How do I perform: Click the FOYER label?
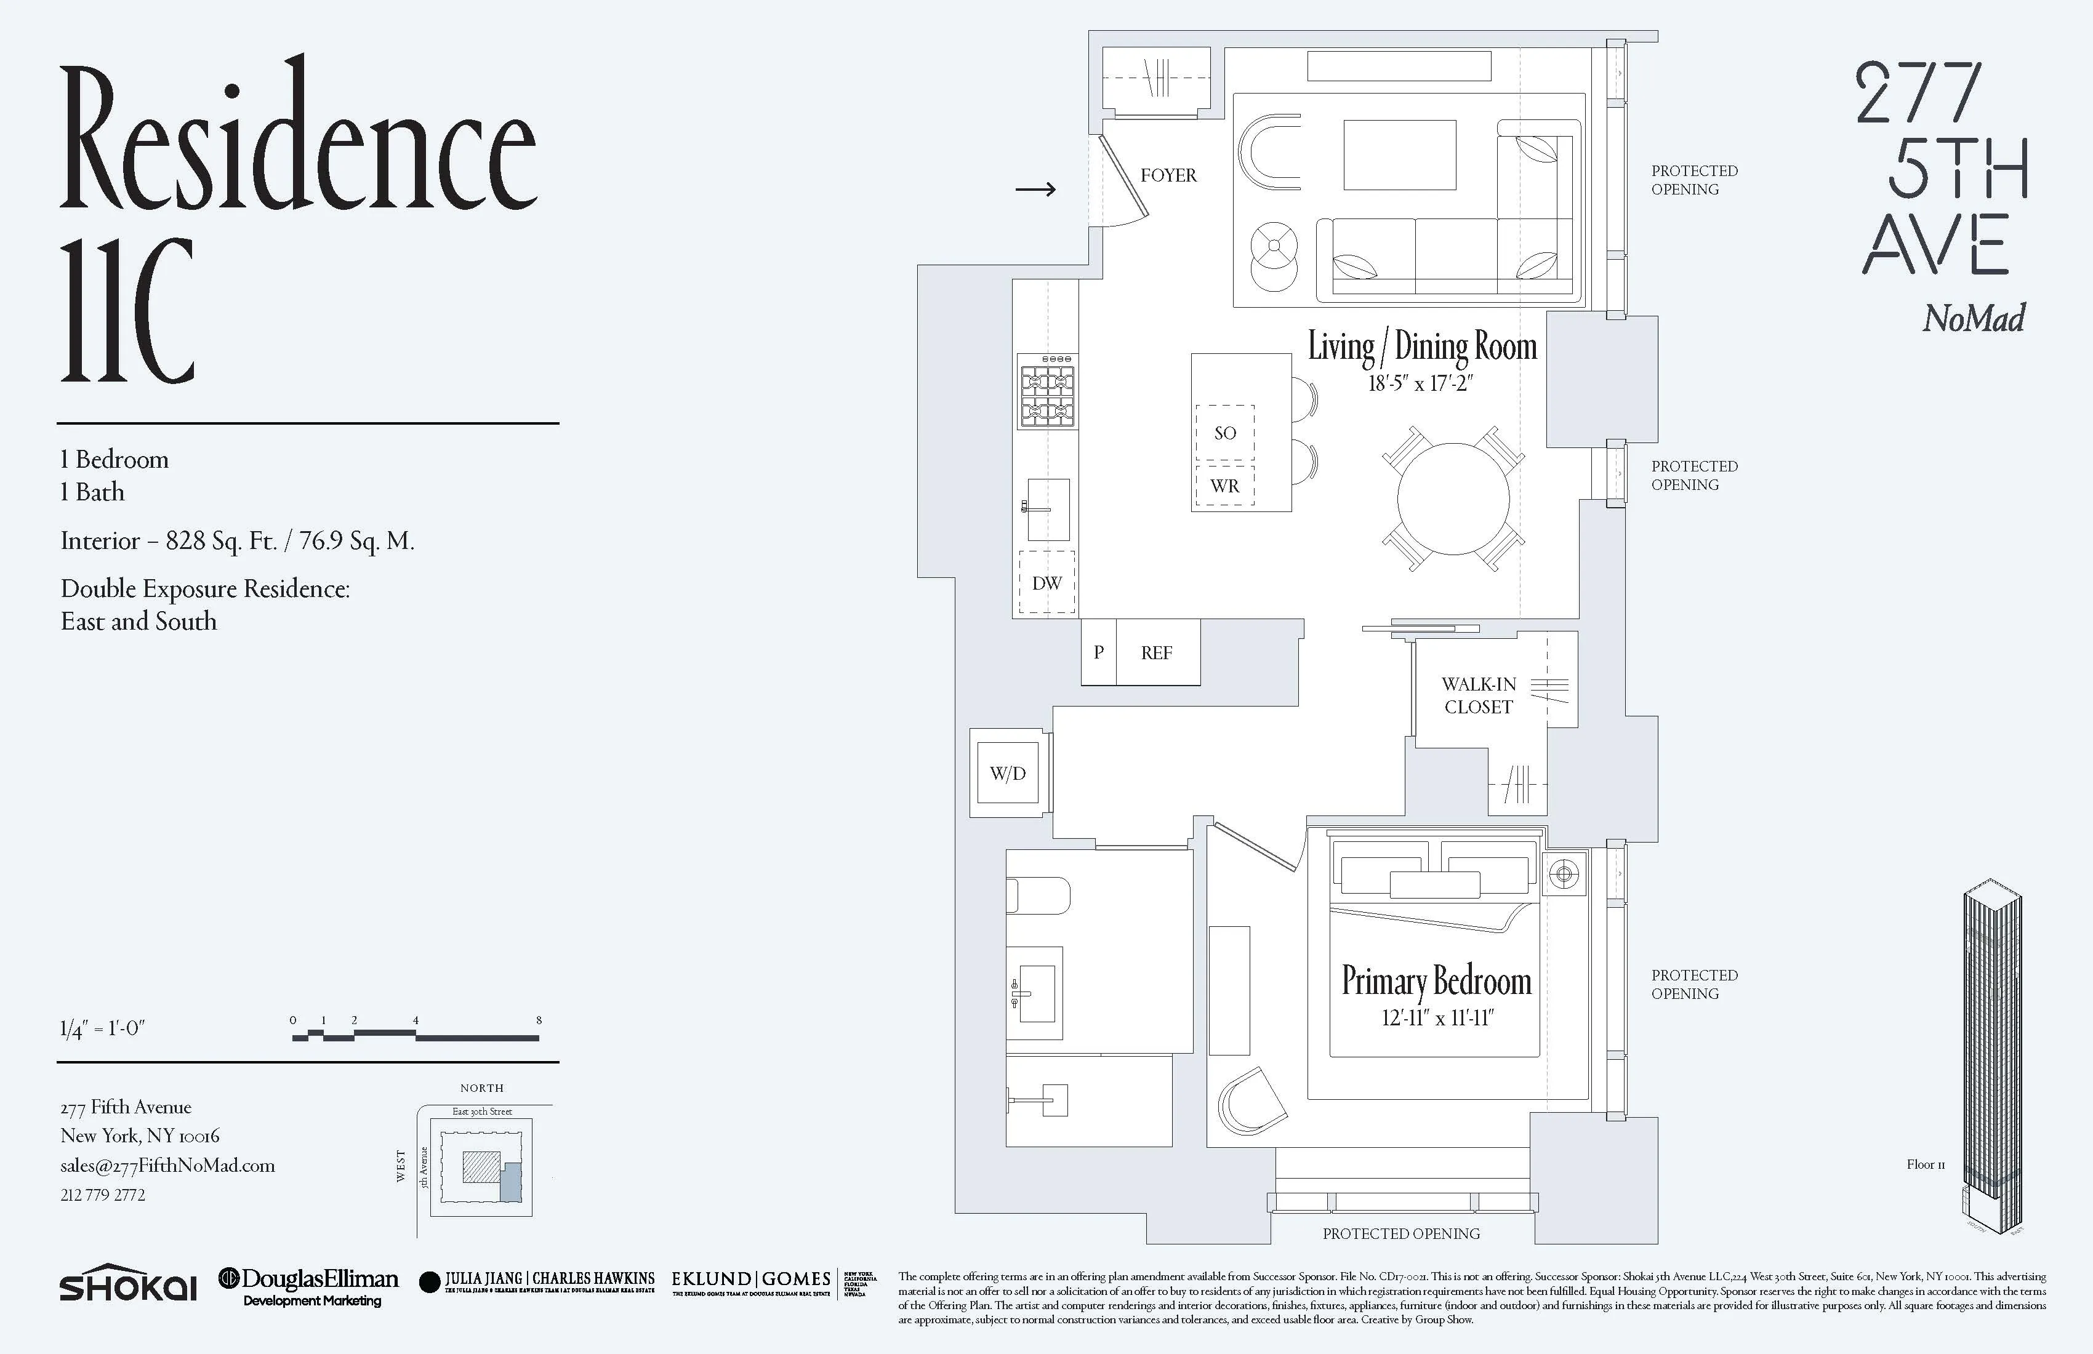click(1168, 175)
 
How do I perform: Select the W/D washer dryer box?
click(1008, 773)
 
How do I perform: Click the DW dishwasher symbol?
click(1046, 582)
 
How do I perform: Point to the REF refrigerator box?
click(1157, 652)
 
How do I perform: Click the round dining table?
click(1453, 499)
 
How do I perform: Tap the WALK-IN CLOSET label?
click(1478, 695)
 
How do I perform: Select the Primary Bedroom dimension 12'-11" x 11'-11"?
click(1437, 1018)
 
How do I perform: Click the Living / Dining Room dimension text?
click(1420, 383)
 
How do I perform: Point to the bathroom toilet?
click(1038, 896)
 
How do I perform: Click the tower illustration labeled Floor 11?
click(1993, 1055)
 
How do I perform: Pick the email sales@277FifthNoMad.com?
click(167, 1165)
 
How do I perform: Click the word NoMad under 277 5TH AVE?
click(1974, 318)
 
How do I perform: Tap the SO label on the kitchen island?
click(1225, 433)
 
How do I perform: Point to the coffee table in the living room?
click(1399, 154)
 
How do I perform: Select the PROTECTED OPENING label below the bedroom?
click(1401, 1233)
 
